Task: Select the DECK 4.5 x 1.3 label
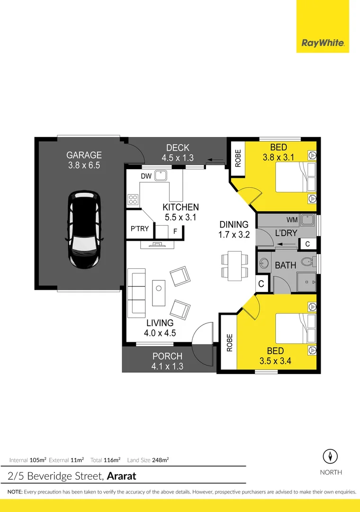coord(178,153)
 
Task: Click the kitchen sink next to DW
coord(161,176)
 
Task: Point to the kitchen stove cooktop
coord(132,200)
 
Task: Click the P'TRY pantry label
coord(140,229)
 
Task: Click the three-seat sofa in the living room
coord(136,293)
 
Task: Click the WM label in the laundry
coord(292,220)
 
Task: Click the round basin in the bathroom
coord(264,263)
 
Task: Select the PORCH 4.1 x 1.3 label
coord(167,361)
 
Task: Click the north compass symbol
coord(330,457)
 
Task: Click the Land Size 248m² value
coord(161,460)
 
